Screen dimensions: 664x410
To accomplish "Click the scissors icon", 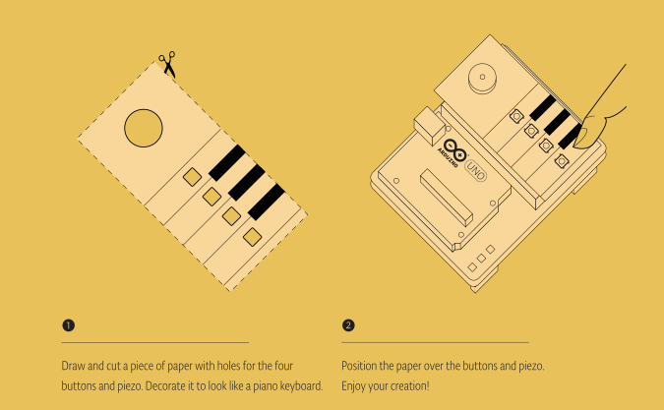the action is coord(167,64).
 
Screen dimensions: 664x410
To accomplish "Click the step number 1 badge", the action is coord(68,325).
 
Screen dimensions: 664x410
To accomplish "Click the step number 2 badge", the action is coord(348,325).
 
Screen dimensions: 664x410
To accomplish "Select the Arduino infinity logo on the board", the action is coord(454,150).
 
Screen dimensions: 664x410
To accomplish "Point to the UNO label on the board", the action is coord(475,170).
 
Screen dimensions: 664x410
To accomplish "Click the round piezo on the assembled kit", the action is coord(482,78).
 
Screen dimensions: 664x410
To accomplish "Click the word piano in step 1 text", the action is coord(264,386).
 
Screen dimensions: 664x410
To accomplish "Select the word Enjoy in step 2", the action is coord(353,386).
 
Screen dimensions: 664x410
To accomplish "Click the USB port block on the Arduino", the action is coord(429,125).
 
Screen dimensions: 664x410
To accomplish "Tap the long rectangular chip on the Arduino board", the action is coord(447,198).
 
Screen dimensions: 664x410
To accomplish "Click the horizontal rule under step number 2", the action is coord(436,342).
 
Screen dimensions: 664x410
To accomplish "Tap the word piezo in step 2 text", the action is coord(531,366).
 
